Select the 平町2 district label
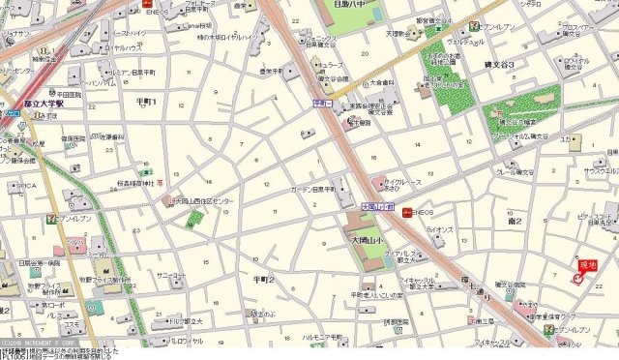(262, 280)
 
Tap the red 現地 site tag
(587, 264)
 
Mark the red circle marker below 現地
(578, 279)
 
